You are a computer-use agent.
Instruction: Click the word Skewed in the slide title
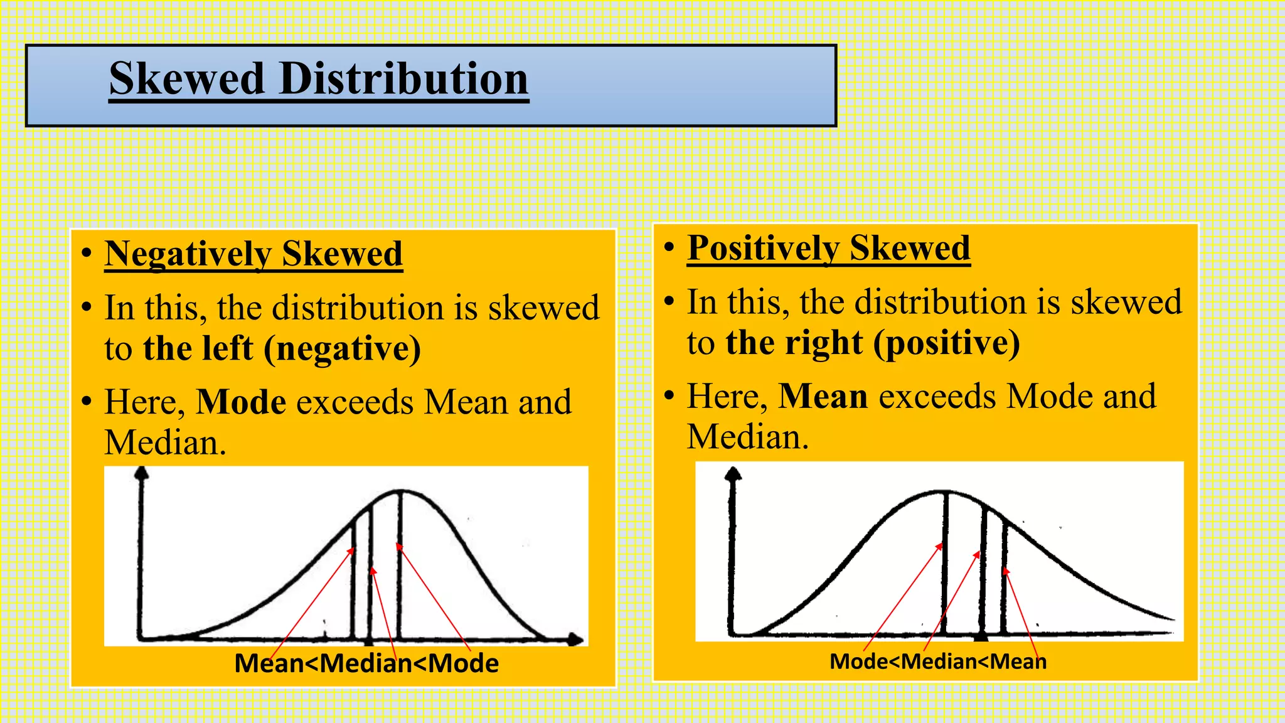[x=186, y=79]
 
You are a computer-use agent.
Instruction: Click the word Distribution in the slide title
[x=403, y=79]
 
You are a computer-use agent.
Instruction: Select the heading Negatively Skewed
[x=253, y=254]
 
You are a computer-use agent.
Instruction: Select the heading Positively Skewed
[x=828, y=248]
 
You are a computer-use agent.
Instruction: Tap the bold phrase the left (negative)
[x=282, y=348]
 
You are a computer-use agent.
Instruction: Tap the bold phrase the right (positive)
[x=872, y=343]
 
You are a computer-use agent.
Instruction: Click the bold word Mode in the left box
[x=241, y=402]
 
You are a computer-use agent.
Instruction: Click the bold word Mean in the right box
[x=823, y=396]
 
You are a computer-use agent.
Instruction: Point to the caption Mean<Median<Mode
[x=366, y=663]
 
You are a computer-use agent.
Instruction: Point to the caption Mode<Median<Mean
[x=938, y=661]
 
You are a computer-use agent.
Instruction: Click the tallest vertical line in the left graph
[x=400, y=565]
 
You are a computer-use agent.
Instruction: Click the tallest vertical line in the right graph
[x=945, y=565]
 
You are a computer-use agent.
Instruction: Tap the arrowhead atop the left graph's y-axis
[x=142, y=473]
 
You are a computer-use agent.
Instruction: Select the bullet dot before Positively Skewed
[x=669, y=247]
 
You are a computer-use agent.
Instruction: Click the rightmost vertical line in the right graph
[x=1004, y=577]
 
